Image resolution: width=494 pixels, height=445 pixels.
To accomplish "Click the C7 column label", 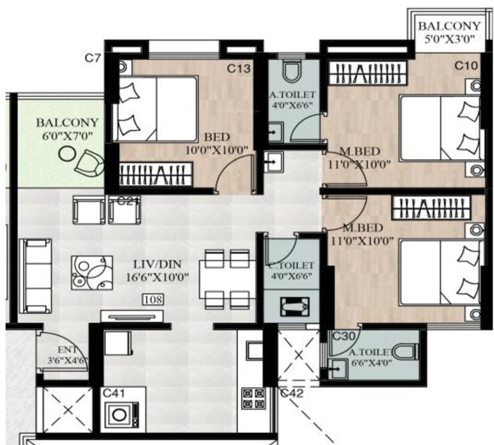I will (x=93, y=58).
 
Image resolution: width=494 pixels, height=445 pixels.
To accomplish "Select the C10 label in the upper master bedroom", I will (x=466, y=66).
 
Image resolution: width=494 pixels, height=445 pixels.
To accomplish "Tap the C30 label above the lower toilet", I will (x=343, y=335).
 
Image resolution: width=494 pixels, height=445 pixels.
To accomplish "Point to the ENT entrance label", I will (x=66, y=351).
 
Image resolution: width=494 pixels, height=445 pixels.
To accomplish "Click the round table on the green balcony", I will (x=68, y=154).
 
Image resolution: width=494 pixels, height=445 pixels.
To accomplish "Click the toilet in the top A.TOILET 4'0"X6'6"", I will (x=291, y=72).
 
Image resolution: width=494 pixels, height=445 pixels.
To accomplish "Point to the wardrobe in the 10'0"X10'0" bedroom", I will (x=155, y=174).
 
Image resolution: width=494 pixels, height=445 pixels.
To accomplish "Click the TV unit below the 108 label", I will (x=132, y=316).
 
